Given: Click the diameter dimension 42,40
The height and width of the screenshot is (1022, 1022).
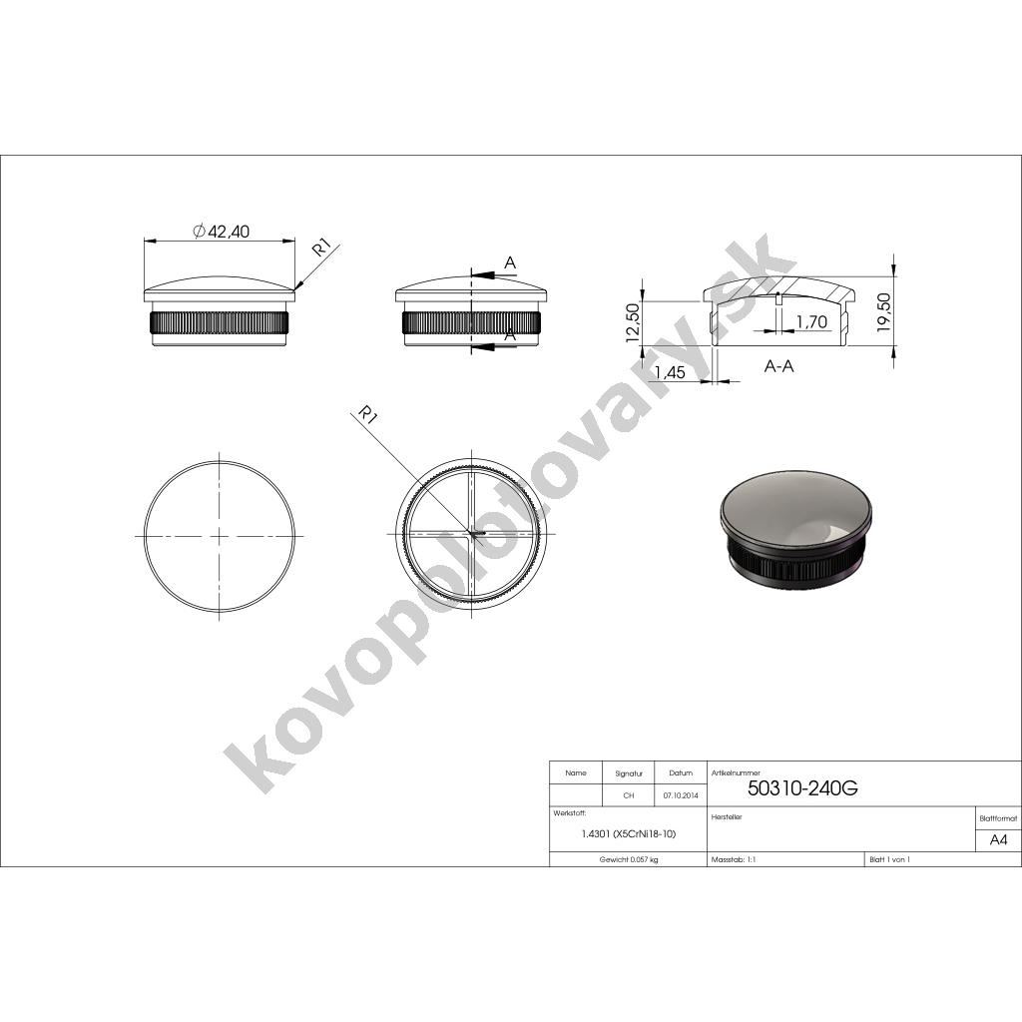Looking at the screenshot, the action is pos(222,231).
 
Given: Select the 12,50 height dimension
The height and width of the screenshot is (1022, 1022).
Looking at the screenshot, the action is pos(633,322).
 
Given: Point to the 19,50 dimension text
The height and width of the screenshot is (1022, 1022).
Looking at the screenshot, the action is pos(883,312).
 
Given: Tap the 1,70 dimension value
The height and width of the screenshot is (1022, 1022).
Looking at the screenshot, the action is pos(812,321).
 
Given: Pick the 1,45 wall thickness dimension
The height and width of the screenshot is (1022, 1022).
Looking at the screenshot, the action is pos(670,372).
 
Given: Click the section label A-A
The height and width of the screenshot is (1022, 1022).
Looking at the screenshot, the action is pos(778,366).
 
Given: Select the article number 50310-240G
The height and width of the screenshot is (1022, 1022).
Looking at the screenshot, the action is pos(802,788).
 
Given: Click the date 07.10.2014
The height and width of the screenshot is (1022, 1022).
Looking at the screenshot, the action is pos(681,795).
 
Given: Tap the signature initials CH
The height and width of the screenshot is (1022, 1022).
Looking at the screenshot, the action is pos(629,795).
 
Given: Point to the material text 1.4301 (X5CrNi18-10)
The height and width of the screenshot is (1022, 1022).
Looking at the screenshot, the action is pos(629,833).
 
